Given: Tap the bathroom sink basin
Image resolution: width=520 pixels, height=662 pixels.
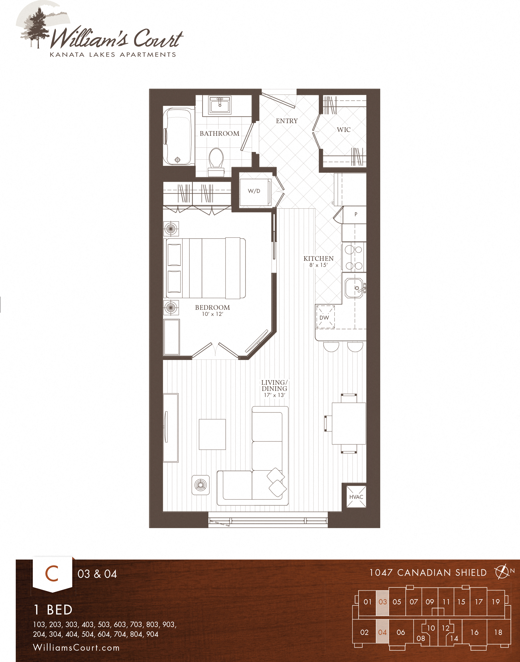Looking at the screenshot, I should click(x=220, y=105).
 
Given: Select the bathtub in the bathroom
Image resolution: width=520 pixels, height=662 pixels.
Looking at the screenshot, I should click(x=179, y=136).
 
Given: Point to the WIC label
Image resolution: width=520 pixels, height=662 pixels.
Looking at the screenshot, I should click(x=344, y=130).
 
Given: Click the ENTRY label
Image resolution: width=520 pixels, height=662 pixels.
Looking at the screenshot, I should click(x=287, y=121).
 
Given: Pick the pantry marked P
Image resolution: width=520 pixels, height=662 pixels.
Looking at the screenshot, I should click(x=355, y=214).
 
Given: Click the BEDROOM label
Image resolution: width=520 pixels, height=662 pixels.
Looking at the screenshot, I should click(x=212, y=307).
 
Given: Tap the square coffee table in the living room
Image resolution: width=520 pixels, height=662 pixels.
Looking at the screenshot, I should click(x=212, y=434).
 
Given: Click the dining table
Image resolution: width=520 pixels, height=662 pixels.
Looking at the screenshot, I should click(x=349, y=423).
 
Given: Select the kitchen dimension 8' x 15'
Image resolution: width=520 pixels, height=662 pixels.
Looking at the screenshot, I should click(x=319, y=265).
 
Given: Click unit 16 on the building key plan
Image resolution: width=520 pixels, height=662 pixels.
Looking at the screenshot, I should click(x=474, y=632).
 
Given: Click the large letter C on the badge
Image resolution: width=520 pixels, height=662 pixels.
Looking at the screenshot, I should click(x=52, y=574).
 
